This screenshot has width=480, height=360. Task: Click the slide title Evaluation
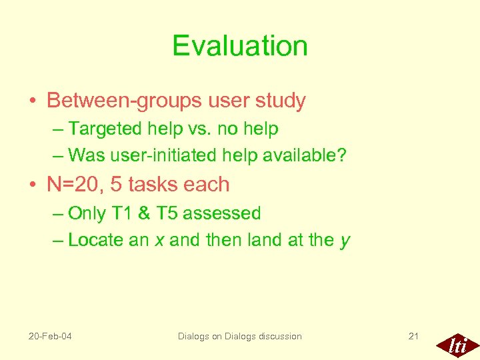240,46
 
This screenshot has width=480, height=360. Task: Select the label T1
124,213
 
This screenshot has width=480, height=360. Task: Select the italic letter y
345,241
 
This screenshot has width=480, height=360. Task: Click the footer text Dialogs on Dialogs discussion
239,336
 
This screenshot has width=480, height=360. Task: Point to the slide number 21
413,336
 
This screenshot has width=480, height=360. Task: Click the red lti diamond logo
457,345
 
